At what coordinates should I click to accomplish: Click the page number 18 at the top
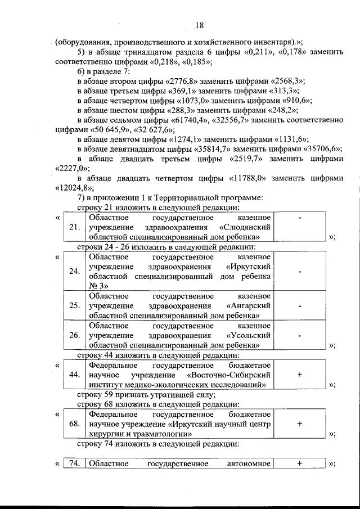click(x=200, y=25)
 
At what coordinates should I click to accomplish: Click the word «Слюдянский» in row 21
click(x=248, y=228)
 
